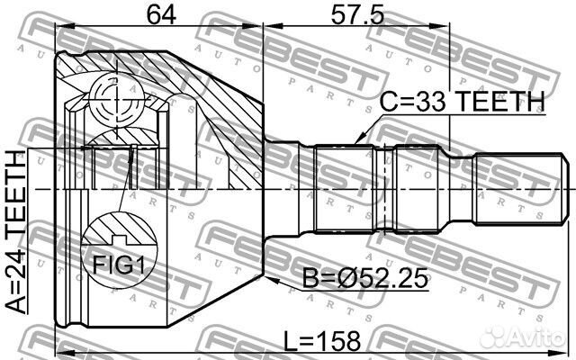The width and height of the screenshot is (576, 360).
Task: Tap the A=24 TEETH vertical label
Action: point(16,232)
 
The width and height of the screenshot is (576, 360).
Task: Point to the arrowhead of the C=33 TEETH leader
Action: point(357,143)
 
